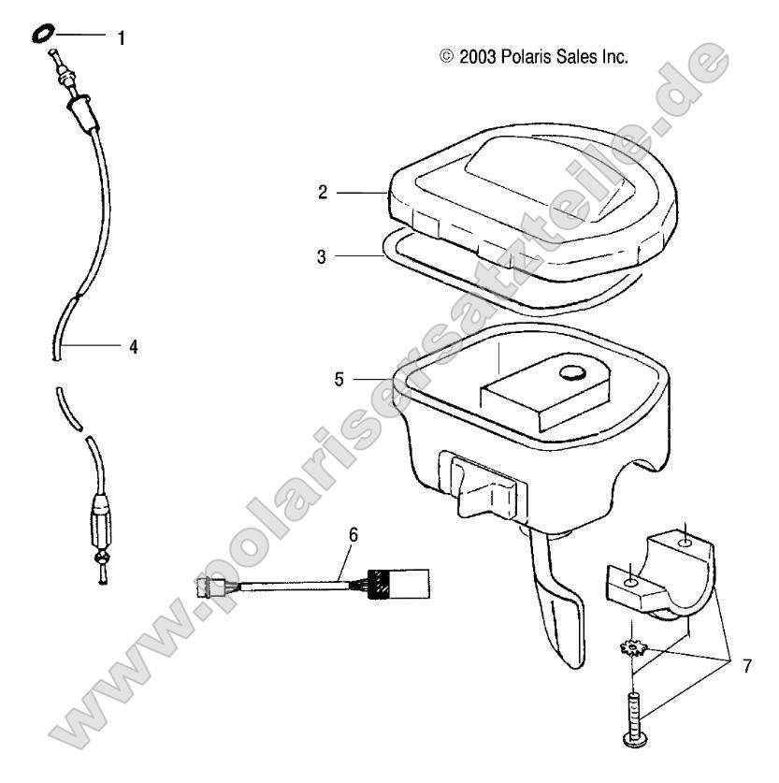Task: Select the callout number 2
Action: point(323,193)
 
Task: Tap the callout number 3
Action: point(323,256)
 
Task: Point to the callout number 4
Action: point(134,346)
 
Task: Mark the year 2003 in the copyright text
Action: point(479,56)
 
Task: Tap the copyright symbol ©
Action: point(446,56)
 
